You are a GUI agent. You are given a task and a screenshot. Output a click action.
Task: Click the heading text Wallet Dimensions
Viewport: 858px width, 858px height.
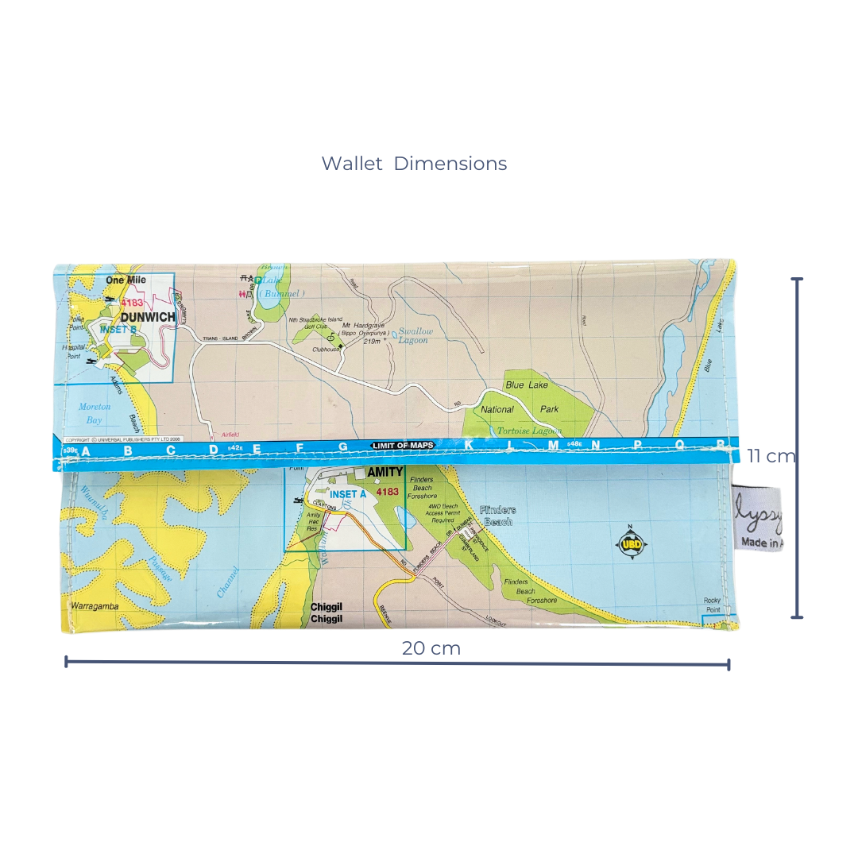coord(414,164)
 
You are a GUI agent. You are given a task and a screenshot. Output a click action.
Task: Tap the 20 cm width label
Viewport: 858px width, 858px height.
coord(431,648)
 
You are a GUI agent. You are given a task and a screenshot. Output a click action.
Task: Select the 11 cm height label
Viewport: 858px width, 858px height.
coord(770,456)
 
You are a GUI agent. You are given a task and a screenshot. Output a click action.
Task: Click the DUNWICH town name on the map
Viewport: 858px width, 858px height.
coord(147,317)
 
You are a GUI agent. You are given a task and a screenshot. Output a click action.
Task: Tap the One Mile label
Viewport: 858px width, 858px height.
coord(126,280)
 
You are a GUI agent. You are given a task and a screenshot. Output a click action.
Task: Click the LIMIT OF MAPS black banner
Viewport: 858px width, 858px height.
coord(403,446)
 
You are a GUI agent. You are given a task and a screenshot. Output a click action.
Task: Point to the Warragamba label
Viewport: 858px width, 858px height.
coord(95,606)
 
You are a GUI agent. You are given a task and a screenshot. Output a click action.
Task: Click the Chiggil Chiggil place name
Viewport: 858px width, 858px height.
coord(327,613)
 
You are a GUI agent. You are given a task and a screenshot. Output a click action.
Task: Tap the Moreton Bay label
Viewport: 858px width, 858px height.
coord(95,413)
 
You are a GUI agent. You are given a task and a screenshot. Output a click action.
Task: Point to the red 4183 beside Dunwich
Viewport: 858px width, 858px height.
coord(132,303)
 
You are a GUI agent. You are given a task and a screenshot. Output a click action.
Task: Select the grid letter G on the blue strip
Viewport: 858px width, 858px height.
coord(342,448)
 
